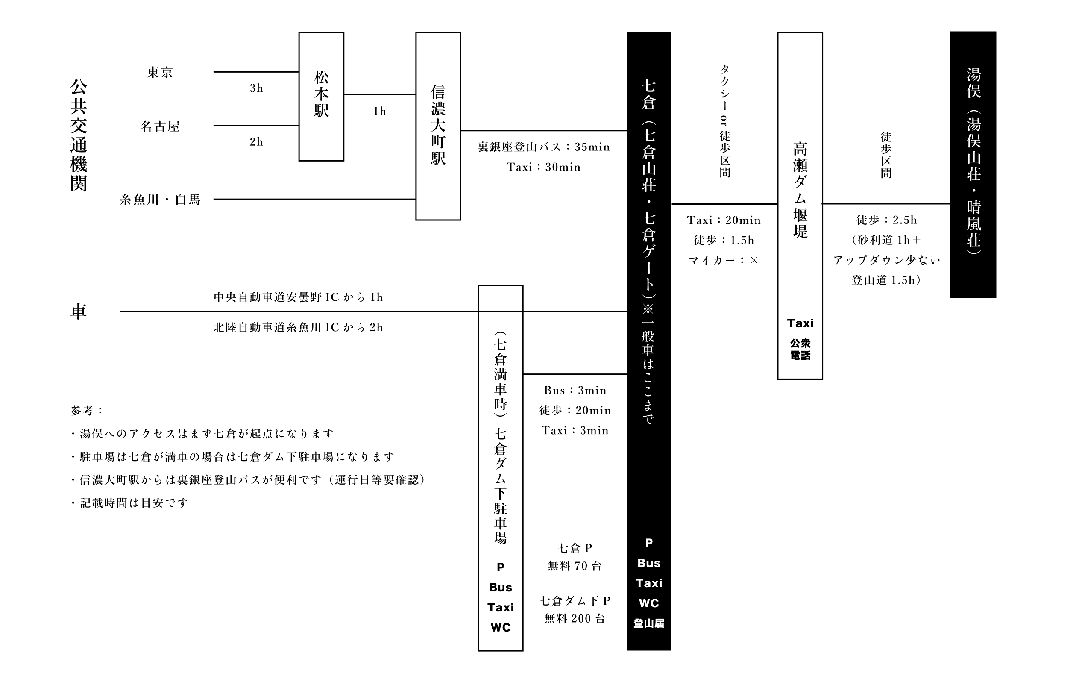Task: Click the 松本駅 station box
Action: coord(321,96)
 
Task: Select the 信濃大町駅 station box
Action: coord(438,126)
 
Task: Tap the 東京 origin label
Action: coord(160,72)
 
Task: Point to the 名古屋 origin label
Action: coord(160,126)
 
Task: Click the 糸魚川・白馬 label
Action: coord(160,200)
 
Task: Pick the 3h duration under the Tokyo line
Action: coord(256,88)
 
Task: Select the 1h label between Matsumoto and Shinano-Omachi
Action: coord(380,111)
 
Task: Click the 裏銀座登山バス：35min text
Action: coord(543,147)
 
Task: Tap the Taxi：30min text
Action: coord(543,167)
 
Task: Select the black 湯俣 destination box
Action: coord(973,164)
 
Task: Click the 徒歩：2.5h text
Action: coord(886,220)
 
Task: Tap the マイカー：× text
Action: coord(723,261)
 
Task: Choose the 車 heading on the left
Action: coord(79,311)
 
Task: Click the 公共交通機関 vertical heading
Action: coord(79,135)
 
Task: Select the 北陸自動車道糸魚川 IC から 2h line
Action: coord(298,328)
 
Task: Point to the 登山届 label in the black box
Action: coord(648,623)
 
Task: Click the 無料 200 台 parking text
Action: coord(575,619)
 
